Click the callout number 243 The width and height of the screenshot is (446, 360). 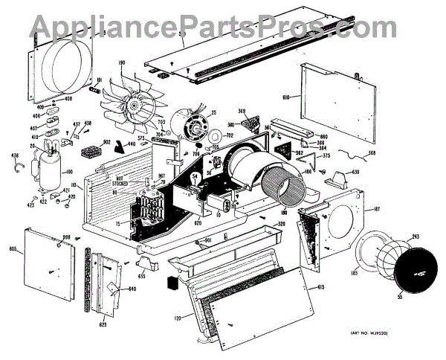414,237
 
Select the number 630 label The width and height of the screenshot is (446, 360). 355,173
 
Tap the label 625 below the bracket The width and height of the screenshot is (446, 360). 103,325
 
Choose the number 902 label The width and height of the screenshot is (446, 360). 106,142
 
